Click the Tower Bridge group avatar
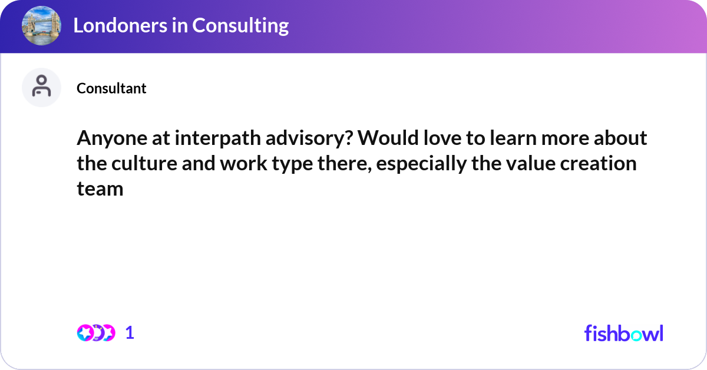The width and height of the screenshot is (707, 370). tap(41, 25)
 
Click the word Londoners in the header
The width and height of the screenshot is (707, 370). tap(120, 25)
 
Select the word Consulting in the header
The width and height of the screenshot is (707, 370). tap(240, 26)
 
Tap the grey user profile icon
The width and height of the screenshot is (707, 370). tap(41, 87)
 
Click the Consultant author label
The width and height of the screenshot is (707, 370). tap(111, 88)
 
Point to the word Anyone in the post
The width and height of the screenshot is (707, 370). tap(112, 138)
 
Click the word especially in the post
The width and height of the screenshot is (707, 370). tap(421, 164)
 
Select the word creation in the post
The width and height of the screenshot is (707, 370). tap(598, 164)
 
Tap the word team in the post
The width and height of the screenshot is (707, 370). tap(100, 189)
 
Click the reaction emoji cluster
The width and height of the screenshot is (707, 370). tap(96, 333)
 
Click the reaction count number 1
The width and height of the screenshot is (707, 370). tap(130, 333)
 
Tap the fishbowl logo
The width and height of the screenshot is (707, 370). tap(624, 333)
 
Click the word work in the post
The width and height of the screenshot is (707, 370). tap(244, 164)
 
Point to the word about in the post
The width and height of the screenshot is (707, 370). tap(620, 138)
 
